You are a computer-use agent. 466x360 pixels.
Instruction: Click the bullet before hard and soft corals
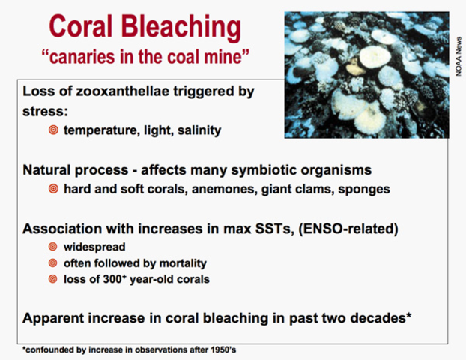[53, 189]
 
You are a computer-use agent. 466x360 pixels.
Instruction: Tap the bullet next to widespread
[53, 247]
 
